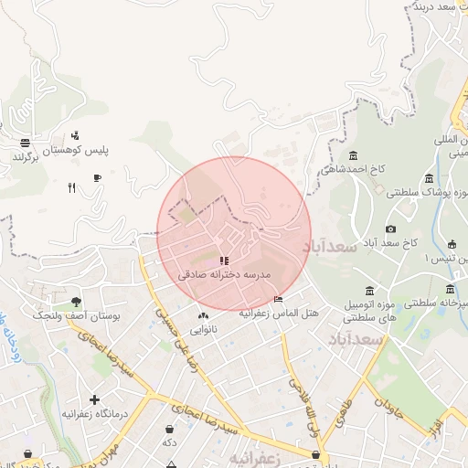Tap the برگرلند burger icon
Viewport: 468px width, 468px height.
pyautogui.click(x=25, y=143)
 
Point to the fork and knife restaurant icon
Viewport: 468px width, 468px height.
pyautogui.click(x=71, y=187)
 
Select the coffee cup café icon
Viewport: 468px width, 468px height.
pyautogui.click(x=98, y=178)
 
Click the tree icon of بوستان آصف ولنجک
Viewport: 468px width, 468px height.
pyautogui.click(x=76, y=301)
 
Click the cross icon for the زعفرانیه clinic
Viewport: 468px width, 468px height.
pyautogui.click(x=94, y=399)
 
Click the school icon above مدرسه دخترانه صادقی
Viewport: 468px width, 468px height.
pyautogui.click(x=225, y=261)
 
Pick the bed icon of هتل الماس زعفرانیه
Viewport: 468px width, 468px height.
pyautogui.click(x=278, y=300)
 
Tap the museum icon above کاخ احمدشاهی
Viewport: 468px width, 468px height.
pyautogui.click(x=354, y=154)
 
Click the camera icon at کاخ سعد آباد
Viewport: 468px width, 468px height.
pyautogui.click(x=391, y=229)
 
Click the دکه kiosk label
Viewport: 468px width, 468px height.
pyautogui.click(x=169, y=442)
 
